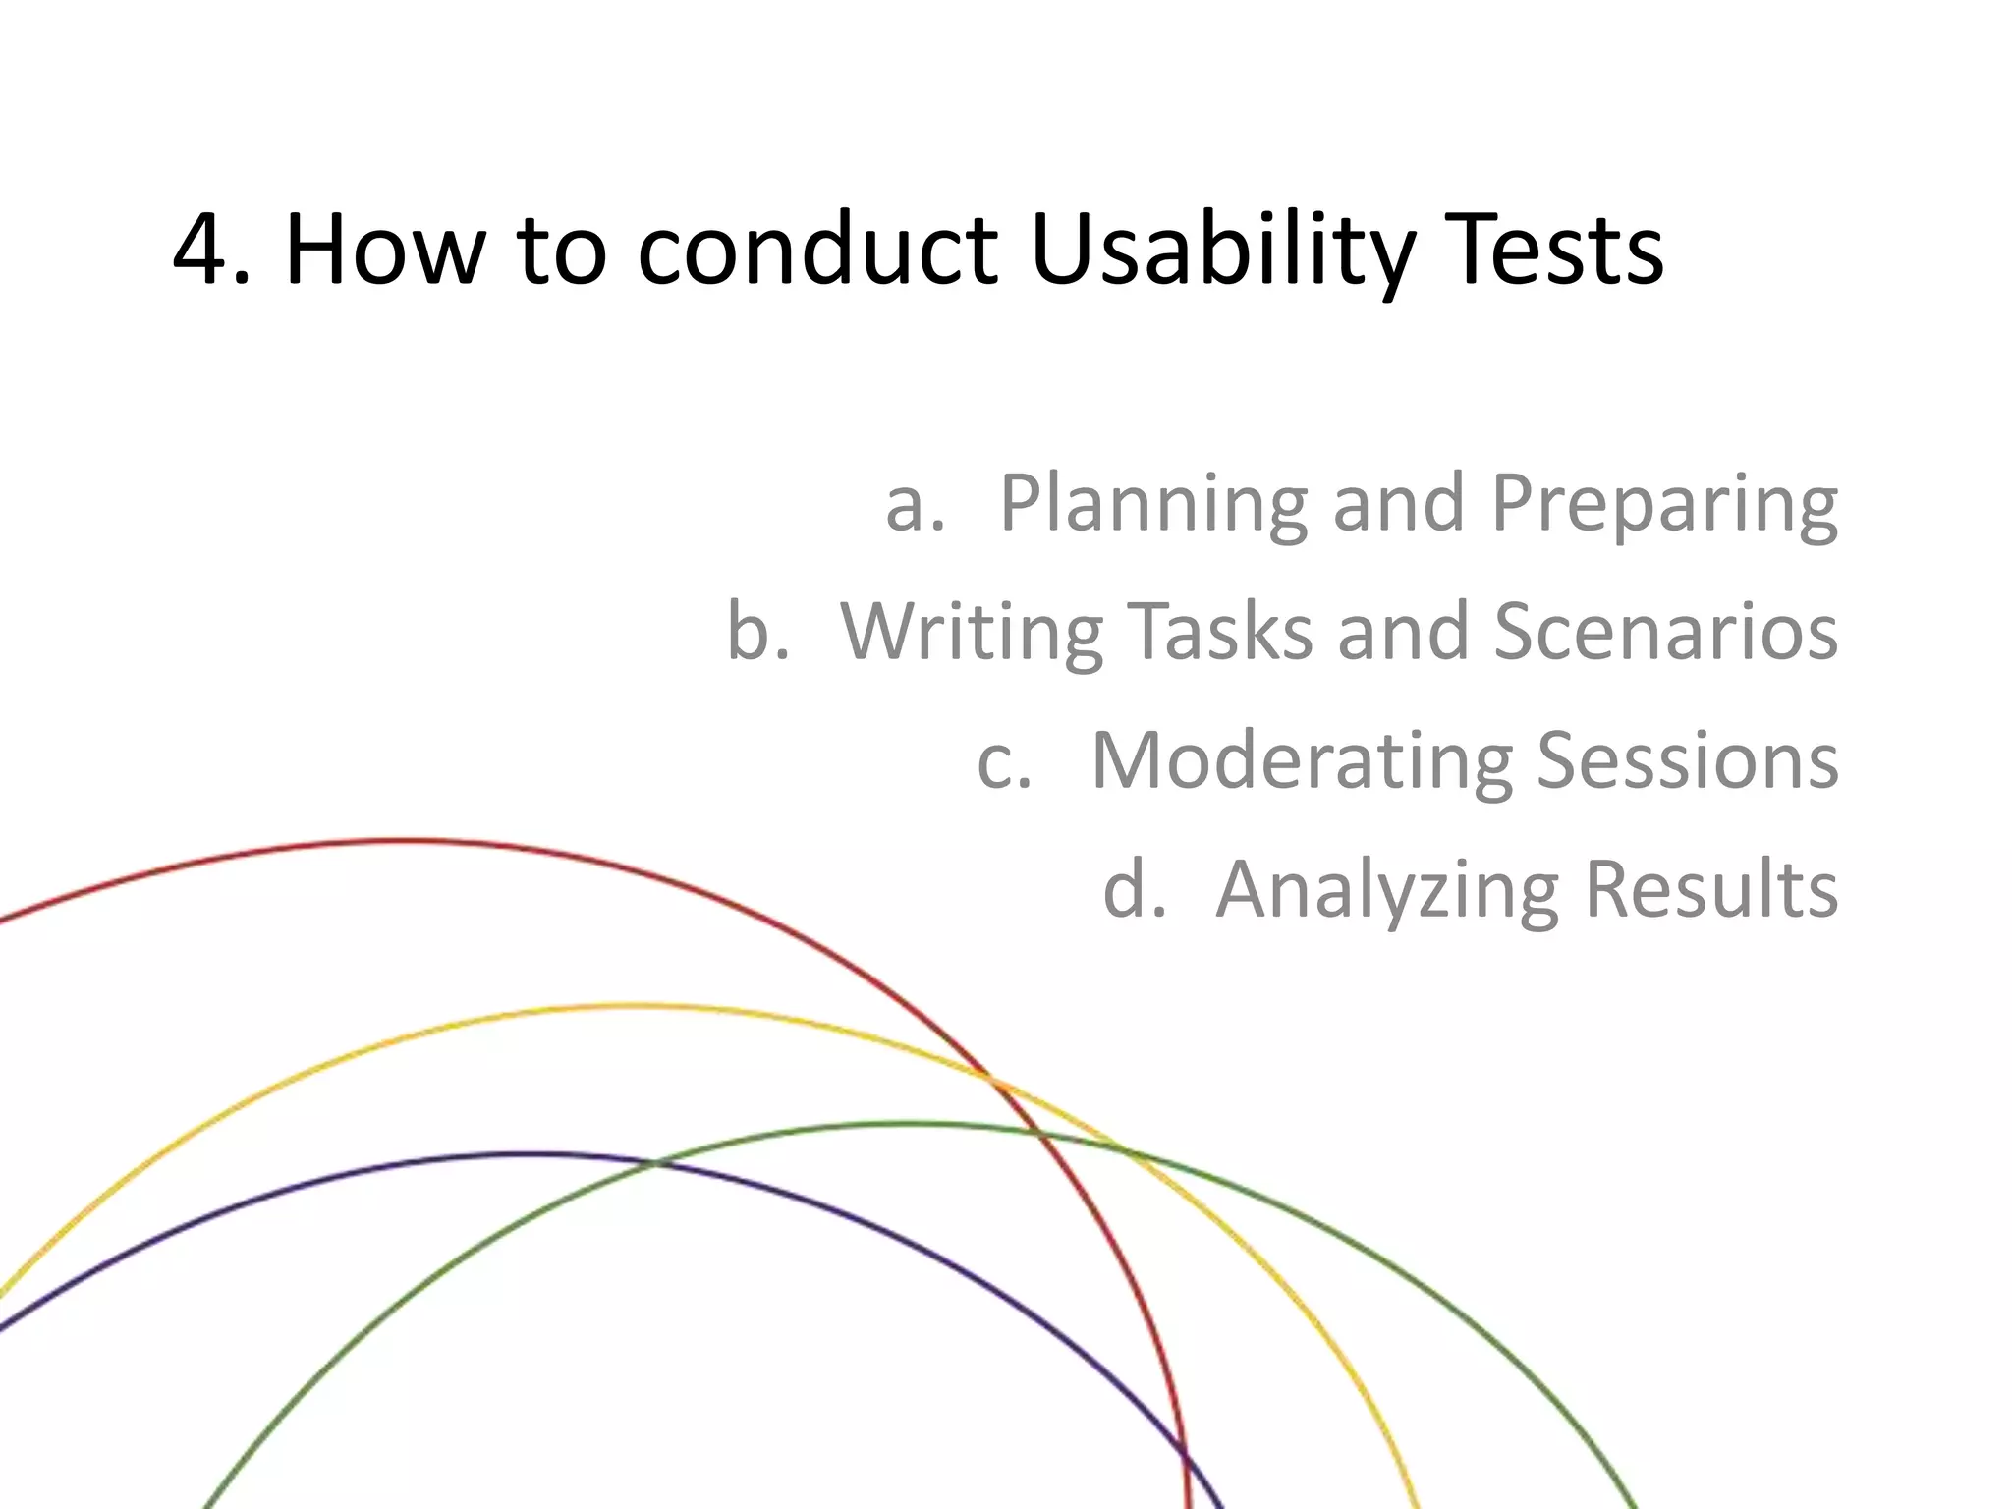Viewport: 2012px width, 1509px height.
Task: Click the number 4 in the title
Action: [x=204, y=251]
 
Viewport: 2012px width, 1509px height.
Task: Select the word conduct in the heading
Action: [x=817, y=251]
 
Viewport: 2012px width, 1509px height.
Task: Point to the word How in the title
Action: [x=384, y=251]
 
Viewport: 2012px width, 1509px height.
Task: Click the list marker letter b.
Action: [x=749, y=631]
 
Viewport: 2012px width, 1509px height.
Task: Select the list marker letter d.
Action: [x=1126, y=889]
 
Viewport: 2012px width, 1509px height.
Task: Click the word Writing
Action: [x=972, y=631]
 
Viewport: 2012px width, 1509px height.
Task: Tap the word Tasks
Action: [x=1219, y=631]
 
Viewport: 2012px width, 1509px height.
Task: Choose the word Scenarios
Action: [x=1666, y=631]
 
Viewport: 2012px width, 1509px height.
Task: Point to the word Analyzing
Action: [x=1387, y=889]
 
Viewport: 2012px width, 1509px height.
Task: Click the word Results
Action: [x=1711, y=889]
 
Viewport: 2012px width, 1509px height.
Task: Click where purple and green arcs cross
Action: [x=654, y=1163]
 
